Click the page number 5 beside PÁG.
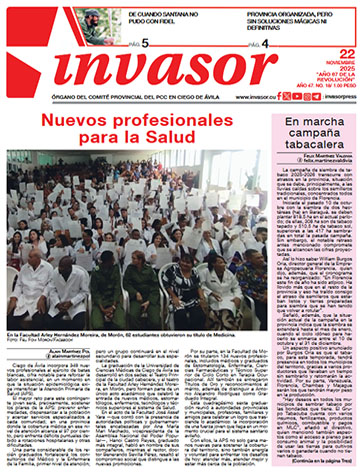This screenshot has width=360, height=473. (x=144, y=45)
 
